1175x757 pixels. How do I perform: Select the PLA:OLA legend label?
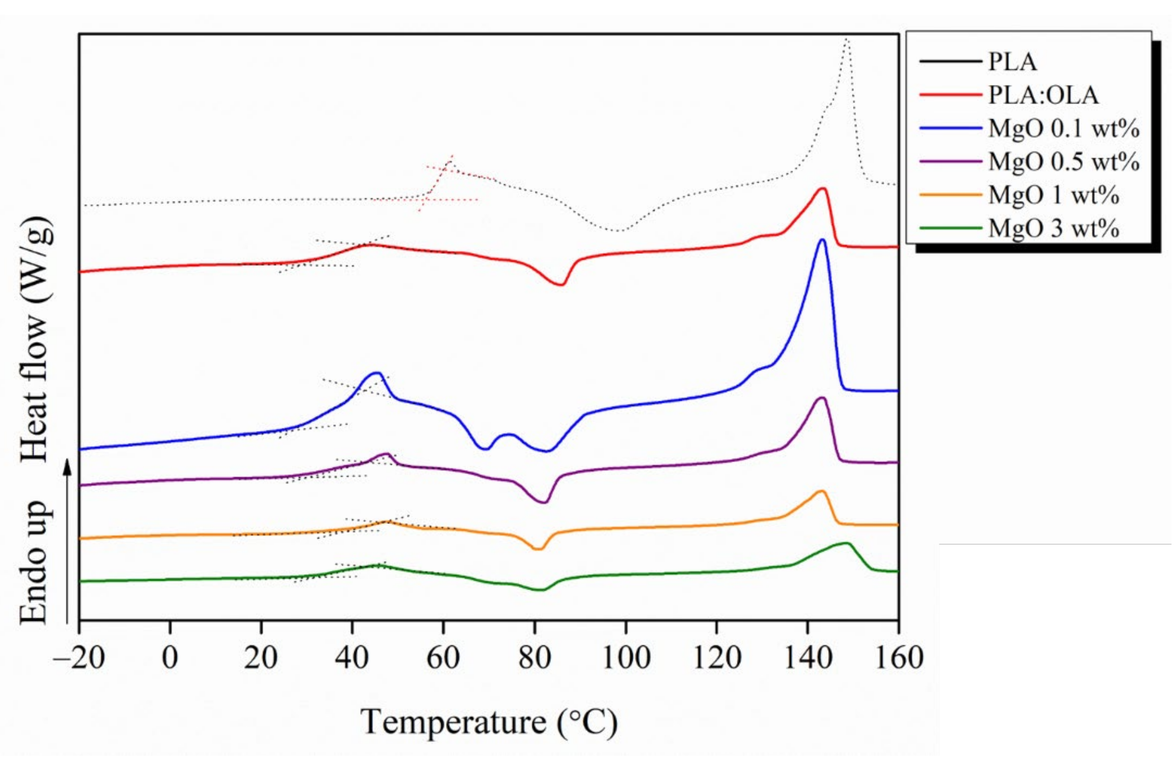coord(1043,95)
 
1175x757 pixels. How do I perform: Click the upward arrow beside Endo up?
coord(68,541)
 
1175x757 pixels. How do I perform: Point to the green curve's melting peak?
coord(846,543)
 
